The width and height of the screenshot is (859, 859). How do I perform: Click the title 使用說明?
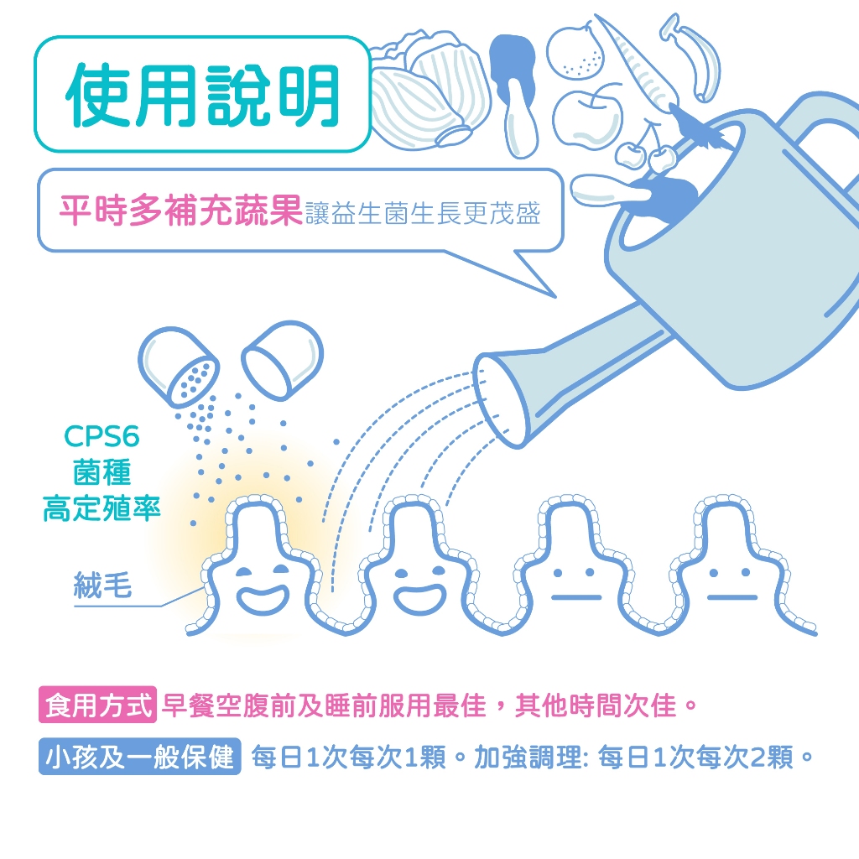203,95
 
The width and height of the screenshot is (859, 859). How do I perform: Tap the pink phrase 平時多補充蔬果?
181,211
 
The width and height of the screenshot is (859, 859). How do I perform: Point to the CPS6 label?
102,436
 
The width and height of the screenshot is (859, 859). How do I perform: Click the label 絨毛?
103,585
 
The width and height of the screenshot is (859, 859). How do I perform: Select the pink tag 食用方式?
98,705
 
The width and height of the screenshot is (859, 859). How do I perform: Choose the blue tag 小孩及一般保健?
140,757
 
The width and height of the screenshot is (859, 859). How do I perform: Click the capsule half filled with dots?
179,368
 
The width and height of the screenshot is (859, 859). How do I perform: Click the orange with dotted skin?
575,53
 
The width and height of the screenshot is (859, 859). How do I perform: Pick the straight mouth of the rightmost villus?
732,597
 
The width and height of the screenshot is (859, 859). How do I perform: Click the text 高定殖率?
102,508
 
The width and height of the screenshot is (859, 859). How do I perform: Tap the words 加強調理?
528,757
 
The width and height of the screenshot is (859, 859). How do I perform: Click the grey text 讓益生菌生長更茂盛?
423,213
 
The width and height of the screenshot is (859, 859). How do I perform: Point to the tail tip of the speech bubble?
555,298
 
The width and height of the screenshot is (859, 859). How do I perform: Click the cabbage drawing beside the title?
430,90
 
